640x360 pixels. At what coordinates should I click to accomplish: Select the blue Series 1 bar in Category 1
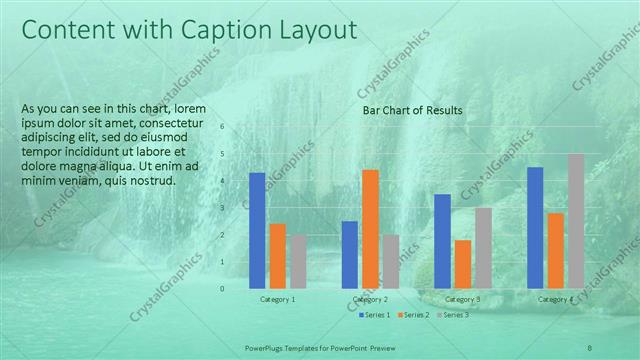257,230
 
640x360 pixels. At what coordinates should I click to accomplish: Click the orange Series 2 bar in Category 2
370,229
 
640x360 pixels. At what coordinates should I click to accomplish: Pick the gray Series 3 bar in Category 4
576,221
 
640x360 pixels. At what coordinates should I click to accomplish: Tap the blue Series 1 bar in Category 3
442,241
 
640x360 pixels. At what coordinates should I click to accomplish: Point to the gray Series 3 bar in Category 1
298,262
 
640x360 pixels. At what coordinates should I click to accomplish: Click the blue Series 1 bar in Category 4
535,227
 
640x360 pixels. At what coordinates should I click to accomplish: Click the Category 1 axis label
278,299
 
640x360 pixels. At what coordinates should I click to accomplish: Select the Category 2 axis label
370,299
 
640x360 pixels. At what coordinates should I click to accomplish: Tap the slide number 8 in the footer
590,346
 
